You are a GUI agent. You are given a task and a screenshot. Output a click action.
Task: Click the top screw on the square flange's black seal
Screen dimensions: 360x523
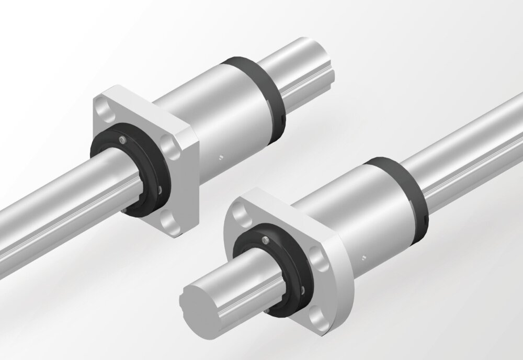[122, 139]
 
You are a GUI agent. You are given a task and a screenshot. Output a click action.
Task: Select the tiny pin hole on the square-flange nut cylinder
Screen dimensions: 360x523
[221, 155]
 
